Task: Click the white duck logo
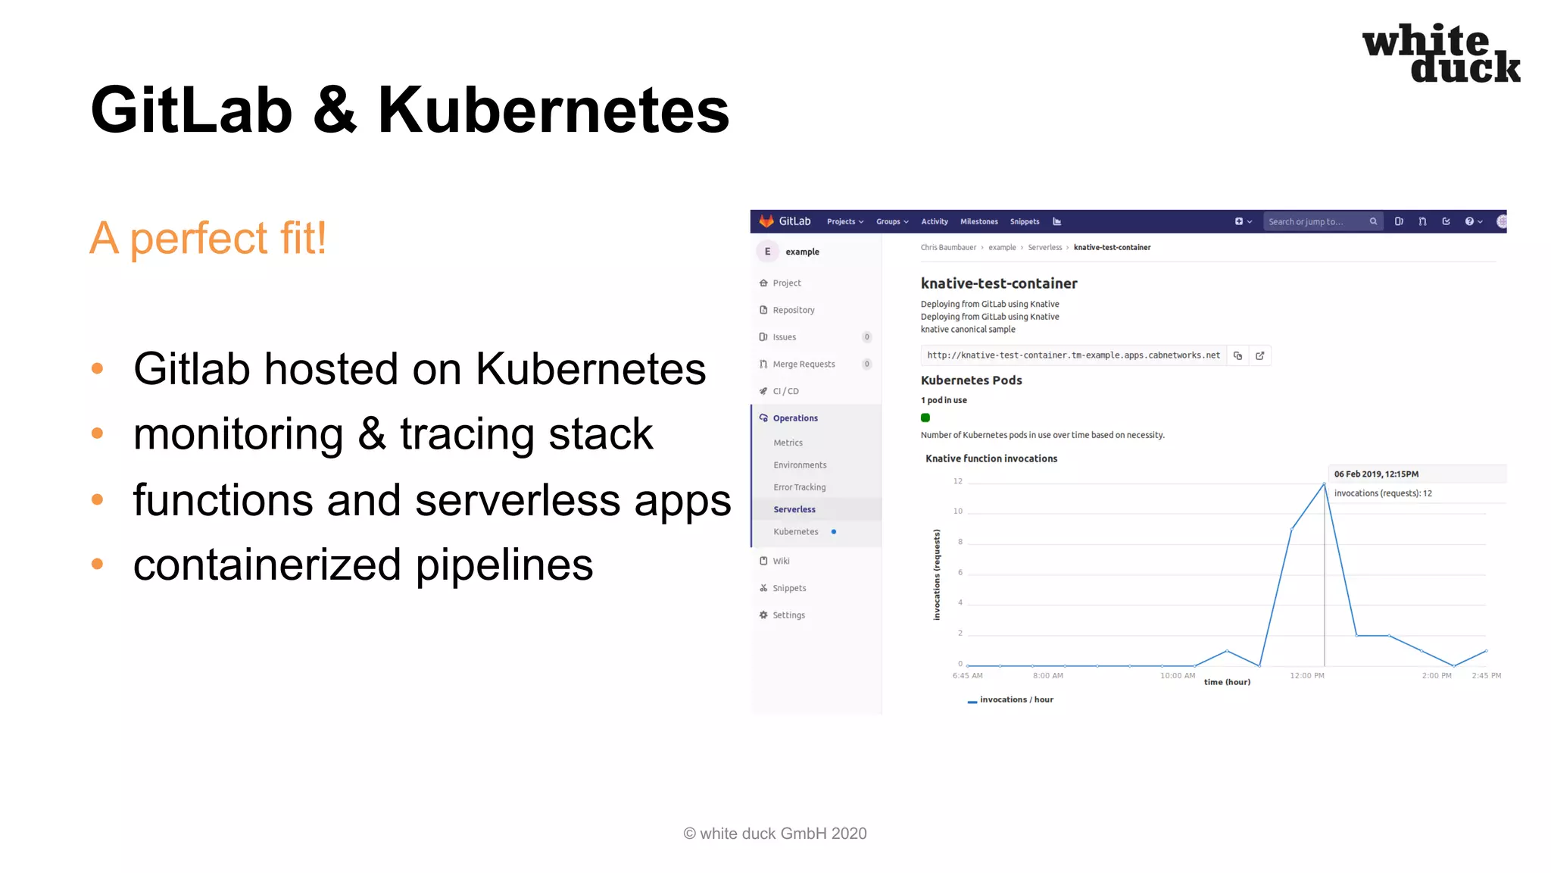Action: pos(1440,53)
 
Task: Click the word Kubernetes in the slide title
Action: pos(553,111)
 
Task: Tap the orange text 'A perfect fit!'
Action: pos(208,238)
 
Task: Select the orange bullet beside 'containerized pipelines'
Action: pos(97,564)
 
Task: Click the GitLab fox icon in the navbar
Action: pos(766,221)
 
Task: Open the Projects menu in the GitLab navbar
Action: pos(844,222)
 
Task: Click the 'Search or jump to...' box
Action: pos(1318,222)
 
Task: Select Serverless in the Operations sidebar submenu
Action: pos(794,509)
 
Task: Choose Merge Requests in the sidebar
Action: pos(804,365)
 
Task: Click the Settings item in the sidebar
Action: pos(788,615)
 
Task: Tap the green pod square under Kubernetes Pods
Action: pos(925,418)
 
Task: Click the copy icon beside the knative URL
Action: pos(1237,355)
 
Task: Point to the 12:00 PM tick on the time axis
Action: pos(1307,675)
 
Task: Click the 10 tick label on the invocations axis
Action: pos(958,512)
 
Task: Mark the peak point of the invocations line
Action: pos(1324,484)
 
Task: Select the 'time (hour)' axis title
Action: pos(1227,682)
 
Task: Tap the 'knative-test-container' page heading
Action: pos(999,283)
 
